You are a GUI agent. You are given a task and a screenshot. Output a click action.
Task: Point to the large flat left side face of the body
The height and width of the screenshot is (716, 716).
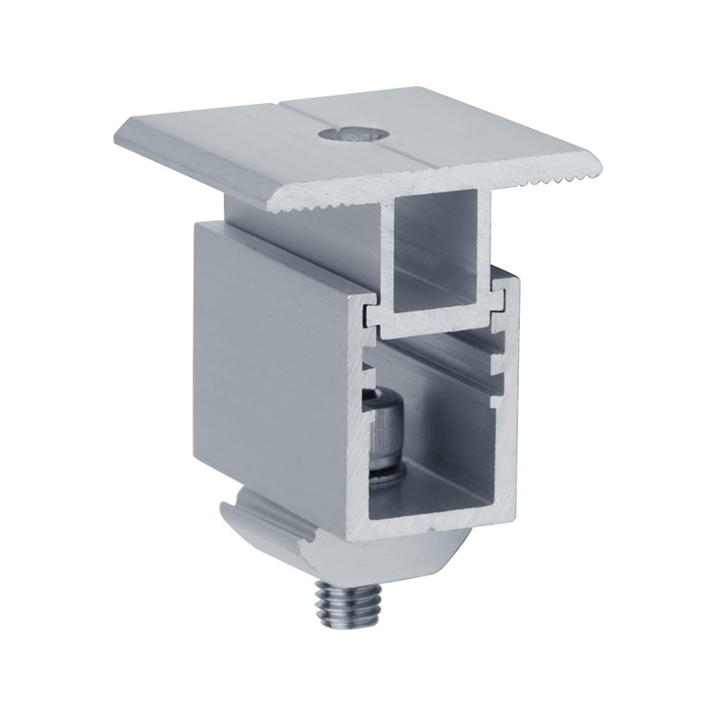tap(268, 376)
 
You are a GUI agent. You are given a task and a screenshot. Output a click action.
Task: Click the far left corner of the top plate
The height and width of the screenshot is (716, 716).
tap(119, 136)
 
